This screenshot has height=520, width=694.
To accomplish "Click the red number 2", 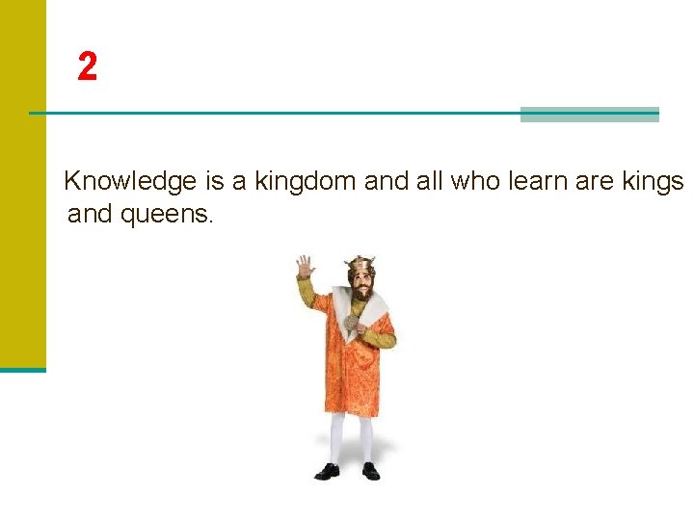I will (x=87, y=66).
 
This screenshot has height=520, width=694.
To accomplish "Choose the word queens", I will (x=164, y=214).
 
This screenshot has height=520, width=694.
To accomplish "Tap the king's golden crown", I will (x=360, y=263).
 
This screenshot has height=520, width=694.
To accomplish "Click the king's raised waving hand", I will (x=304, y=266).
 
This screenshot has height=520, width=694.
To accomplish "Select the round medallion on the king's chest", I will (x=351, y=323).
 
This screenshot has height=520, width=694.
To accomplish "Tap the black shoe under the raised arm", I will (x=328, y=471).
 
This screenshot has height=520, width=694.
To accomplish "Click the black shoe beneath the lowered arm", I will (x=369, y=470).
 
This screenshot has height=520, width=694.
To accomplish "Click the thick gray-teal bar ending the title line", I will (x=589, y=115).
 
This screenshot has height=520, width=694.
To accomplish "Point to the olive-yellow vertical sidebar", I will (x=22, y=183).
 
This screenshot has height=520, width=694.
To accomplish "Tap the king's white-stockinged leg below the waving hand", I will (x=336, y=438).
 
